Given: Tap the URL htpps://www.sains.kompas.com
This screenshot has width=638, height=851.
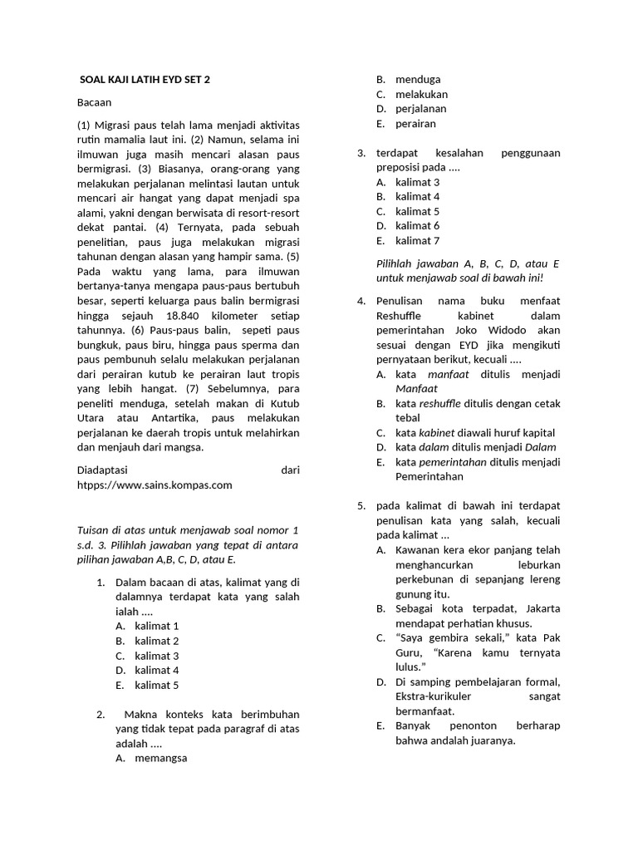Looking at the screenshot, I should pos(154,485).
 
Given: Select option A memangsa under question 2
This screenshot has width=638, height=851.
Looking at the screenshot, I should pos(161,758).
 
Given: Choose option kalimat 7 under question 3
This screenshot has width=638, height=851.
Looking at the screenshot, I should pos(417,241).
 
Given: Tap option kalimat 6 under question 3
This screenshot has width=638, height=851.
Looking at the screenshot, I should pos(417,226).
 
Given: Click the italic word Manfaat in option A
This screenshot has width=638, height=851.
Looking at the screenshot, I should pos(415,388).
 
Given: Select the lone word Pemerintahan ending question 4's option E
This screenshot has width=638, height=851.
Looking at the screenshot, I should pos(430,477).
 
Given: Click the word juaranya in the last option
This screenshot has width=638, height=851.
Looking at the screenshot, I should pos(489,740).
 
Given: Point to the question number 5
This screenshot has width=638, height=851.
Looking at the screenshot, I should pos(361,506).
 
